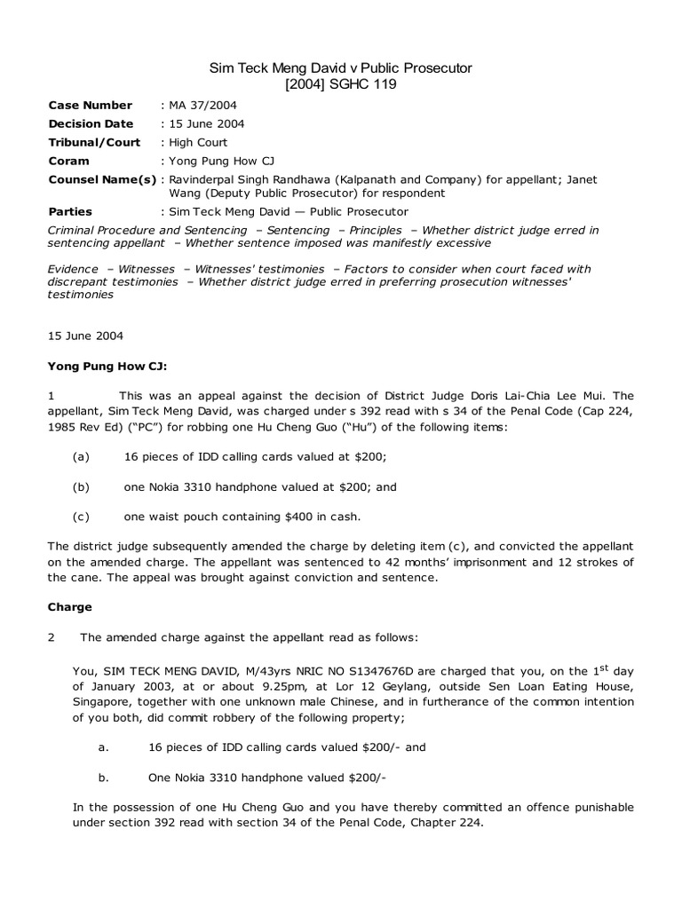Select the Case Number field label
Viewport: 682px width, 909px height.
click(x=90, y=106)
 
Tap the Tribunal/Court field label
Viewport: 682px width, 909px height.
click(x=94, y=142)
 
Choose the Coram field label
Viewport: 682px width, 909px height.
click(x=69, y=161)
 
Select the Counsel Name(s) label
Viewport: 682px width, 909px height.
click(x=102, y=179)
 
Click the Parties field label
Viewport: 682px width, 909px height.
click(x=70, y=212)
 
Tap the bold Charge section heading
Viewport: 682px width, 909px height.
click(x=69, y=608)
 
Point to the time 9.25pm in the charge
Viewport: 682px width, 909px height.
click(x=274, y=687)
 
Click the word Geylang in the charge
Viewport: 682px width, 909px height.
click(x=372, y=687)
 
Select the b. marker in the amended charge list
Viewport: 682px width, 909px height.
click(x=104, y=778)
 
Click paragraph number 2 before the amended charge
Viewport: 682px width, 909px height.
click(x=52, y=637)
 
